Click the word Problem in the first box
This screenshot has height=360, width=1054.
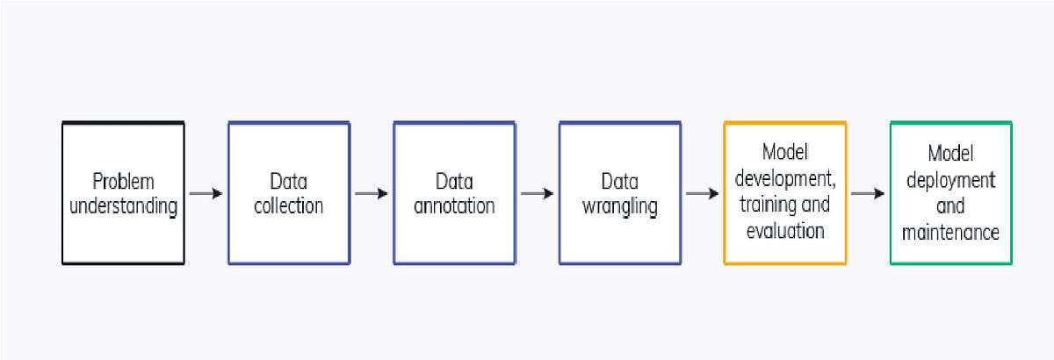pyautogui.click(x=123, y=182)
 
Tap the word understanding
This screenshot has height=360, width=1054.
pyautogui.click(x=123, y=207)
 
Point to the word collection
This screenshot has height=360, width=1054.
pyautogui.click(x=289, y=207)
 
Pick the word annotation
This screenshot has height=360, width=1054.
pyautogui.click(x=454, y=207)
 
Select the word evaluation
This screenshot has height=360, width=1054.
pyautogui.click(x=785, y=232)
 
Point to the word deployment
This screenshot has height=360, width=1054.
pyautogui.click(x=950, y=181)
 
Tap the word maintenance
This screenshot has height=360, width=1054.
pyautogui.click(x=950, y=232)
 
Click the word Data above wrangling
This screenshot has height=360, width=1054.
pyautogui.click(x=619, y=182)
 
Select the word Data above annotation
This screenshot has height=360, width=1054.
pyautogui.click(x=454, y=182)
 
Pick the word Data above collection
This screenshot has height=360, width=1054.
pyautogui.click(x=289, y=182)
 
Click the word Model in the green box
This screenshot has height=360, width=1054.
pyautogui.click(x=950, y=155)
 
